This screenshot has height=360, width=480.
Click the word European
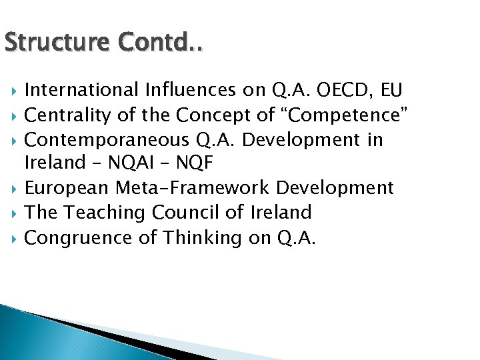66,188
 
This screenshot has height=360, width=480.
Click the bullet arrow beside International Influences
13,90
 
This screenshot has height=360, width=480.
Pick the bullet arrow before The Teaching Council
13,213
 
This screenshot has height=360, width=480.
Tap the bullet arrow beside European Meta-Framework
13,188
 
